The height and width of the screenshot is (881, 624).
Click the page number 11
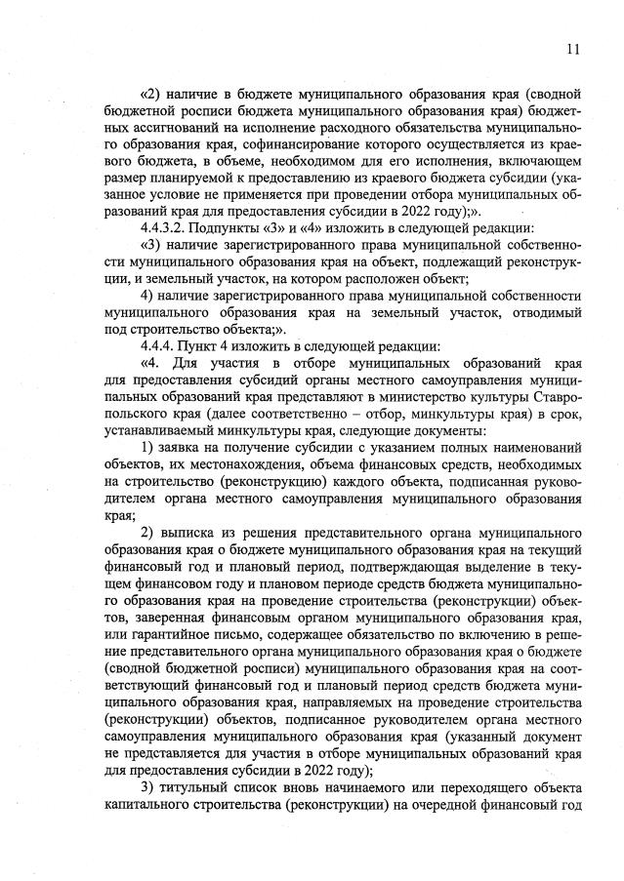point(573,49)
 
